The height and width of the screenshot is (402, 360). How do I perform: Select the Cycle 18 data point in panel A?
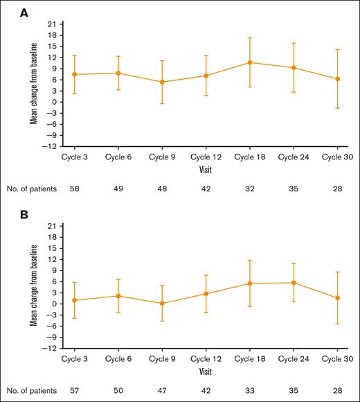[x=249, y=62]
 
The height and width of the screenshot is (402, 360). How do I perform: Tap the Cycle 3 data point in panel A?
[x=74, y=74]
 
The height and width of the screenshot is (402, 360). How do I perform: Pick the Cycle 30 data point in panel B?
[x=337, y=298]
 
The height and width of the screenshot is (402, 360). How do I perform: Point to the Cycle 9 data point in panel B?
[x=162, y=303]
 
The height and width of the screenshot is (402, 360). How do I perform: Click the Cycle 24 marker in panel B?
[x=294, y=283]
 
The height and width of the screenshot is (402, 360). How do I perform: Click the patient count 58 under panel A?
[x=74, y=187]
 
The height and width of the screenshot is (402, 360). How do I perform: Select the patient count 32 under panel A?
[x=249, y=187]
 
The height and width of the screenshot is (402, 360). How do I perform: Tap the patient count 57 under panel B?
[x=74, y=390]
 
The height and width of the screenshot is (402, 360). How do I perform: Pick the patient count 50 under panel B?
[x=118, y=390]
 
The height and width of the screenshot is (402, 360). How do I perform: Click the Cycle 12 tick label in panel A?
[x=206, y=157]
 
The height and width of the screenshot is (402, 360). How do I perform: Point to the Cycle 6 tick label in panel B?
[x=118, y=360]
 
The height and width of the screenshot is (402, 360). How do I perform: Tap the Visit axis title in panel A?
[x=206, y=168]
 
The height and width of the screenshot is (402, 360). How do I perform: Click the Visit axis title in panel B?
[x=206, y=371]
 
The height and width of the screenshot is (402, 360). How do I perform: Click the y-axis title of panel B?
[x=33, y=286]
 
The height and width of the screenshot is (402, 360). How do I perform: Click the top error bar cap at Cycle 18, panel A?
[x=249, y=38]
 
